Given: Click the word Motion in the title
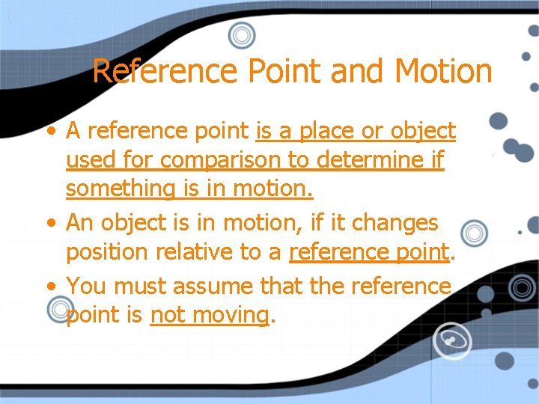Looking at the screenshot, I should click(x=443, y=72).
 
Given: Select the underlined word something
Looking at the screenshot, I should click(x=120, y=189).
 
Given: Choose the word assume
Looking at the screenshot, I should click(x=217, y=285).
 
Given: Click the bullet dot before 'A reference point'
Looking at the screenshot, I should click(x=49, y=132).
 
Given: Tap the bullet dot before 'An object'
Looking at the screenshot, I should click(x=49, y=222).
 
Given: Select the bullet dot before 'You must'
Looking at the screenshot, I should click(x=49, y=285).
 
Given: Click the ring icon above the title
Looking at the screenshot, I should click(x=241, y=34).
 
